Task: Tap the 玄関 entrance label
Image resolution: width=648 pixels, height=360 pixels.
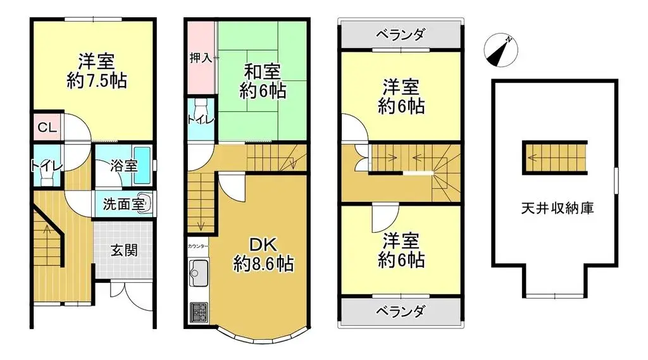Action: click(124, 249)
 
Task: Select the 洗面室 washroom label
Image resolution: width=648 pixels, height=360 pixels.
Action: click(124, 204)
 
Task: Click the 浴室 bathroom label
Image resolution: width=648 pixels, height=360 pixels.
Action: click(123, 166)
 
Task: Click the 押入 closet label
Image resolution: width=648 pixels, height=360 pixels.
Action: click(201, 58)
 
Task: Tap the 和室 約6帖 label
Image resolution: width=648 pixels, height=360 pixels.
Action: click(263, 81)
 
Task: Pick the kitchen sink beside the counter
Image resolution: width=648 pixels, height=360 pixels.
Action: click(198, 273)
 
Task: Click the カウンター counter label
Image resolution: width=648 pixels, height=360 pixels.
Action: click(197, 245)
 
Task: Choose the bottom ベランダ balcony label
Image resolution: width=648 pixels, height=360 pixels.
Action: click(399, 311)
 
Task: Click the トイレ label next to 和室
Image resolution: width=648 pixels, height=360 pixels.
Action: click(201, 119)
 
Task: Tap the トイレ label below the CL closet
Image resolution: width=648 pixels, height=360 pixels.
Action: click(46, 166)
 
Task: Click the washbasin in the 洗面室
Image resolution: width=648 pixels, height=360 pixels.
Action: click(147, 204)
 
